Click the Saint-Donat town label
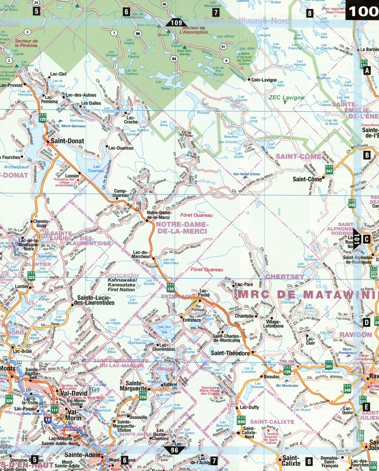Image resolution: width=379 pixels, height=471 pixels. click(67, 141)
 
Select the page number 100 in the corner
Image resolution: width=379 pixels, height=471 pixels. click(363, 11)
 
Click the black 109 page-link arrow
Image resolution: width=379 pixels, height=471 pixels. click(176, 23)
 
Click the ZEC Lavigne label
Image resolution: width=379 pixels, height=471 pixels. click(286, 98)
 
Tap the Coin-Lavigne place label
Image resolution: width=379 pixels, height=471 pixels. click(264, 80)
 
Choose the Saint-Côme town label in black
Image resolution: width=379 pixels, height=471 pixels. click(307, 179)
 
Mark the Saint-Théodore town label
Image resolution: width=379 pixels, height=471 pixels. click(230, 353)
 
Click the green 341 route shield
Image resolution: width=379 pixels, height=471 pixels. click(328, 366)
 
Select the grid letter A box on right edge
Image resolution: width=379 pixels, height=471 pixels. click(367, 71)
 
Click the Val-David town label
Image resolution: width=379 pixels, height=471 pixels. click(74, 393)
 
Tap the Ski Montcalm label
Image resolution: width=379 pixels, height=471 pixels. click(287, 385)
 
